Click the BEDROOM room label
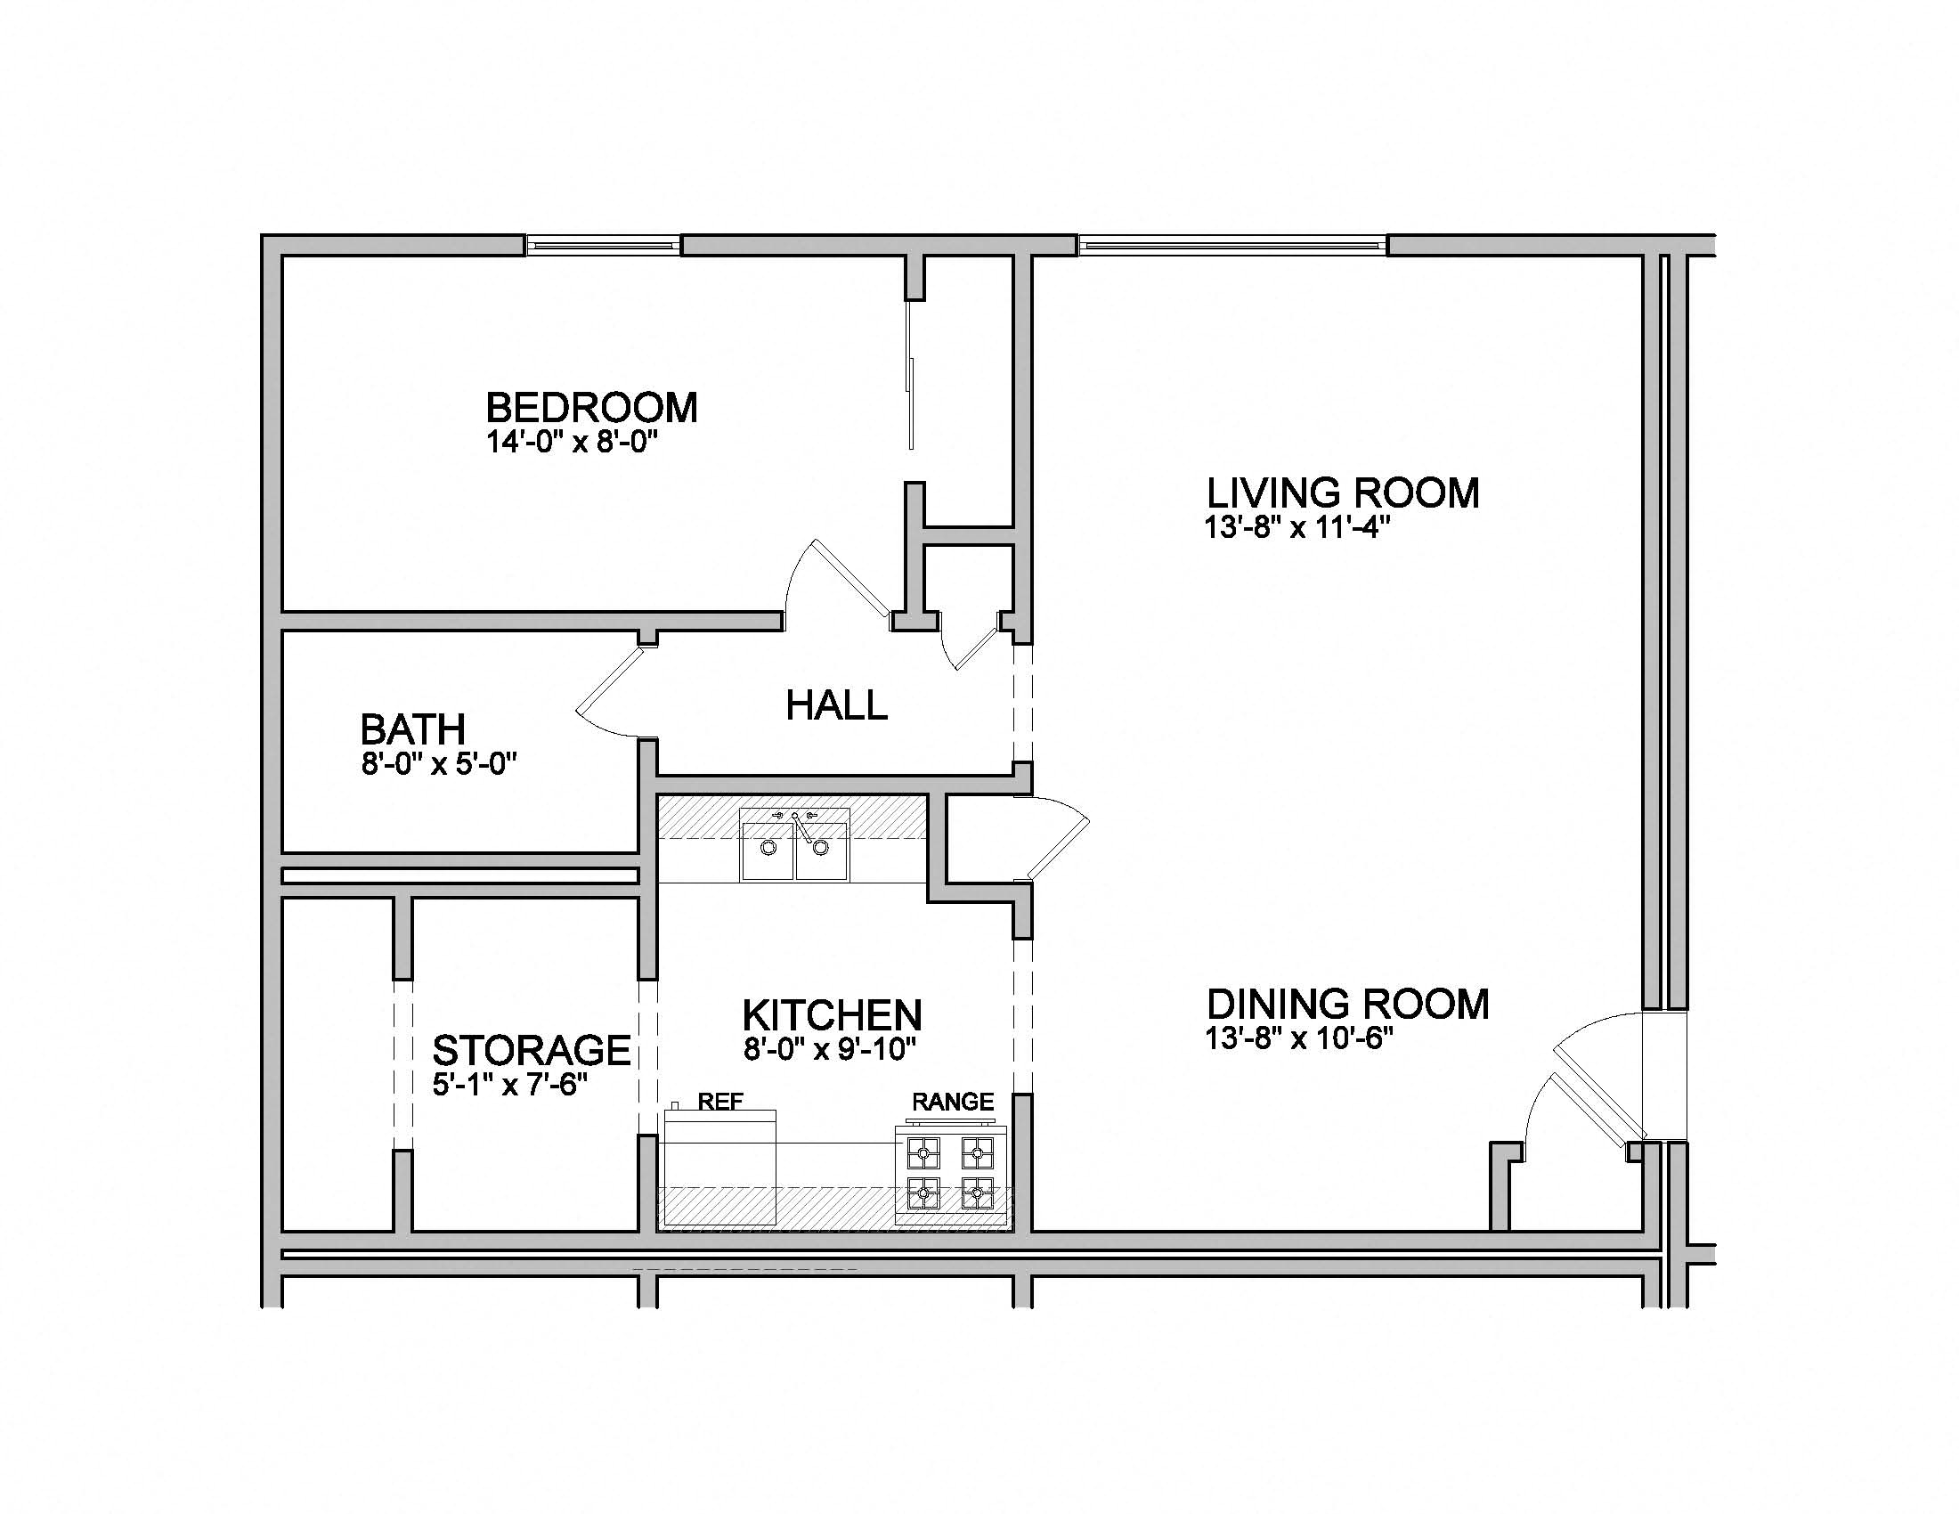tap(591, 408)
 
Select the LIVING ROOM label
tap(1343, 493)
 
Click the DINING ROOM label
tap(1347, 1005)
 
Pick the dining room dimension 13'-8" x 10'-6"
tap(1299, 1038)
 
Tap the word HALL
tap(836, 706)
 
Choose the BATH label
tap(412, 729)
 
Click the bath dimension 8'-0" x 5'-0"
tap(440, 764)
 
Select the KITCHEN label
tap(833, 1015)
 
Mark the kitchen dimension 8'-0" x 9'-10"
tap(830, 1048)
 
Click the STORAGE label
tap(531, 1050)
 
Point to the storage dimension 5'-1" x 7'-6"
tap(509, 1086)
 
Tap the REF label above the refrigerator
tap(720, 1102)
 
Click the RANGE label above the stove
tap(953, 1102)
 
